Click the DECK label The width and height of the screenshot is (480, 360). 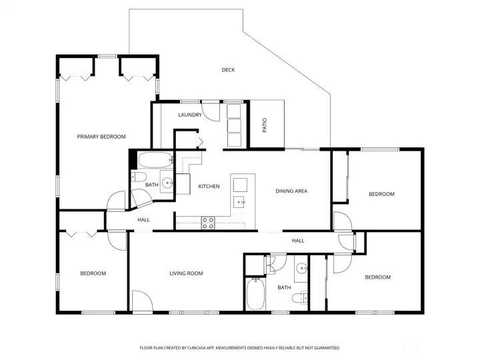(x=228, y=70)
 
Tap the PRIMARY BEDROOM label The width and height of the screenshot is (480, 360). (x=101, y=137)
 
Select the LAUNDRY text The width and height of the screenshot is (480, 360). (x=190, y=115)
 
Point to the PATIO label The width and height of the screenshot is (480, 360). (x=265, y=125)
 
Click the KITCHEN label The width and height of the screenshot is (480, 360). (x=209, y=186)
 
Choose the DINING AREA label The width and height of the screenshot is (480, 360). (x=291, y=191)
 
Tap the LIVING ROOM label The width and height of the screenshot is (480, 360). (x=186, y=273)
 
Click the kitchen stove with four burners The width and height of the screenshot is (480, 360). (x=208, y=223)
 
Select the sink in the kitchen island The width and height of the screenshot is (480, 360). (x=239, y=202)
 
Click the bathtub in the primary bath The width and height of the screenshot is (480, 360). (x=155, y=160)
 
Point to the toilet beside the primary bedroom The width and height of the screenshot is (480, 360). (x=139, y=177)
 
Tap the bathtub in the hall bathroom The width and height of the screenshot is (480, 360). (x=255, y=294)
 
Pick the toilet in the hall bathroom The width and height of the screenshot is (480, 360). (x=299, y=297)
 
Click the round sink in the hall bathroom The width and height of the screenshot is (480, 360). (x=301, y=269)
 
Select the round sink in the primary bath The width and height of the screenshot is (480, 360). (x=167, y=183)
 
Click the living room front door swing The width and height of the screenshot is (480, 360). (x=143, y=301)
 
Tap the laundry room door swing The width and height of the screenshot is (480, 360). (x=211, y=112)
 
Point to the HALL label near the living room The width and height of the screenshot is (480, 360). (x=298, y=241)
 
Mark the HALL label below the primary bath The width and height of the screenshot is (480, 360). (x=143, y=219)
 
